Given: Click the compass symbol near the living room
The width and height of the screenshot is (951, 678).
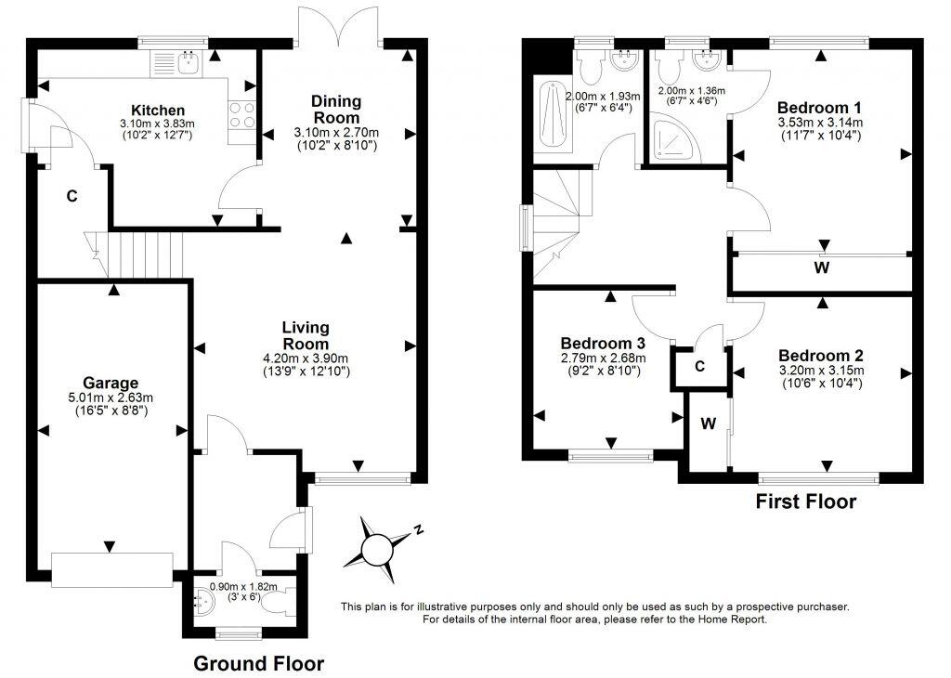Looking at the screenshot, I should [378, 546].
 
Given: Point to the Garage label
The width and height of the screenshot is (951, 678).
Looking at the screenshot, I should [110, 383].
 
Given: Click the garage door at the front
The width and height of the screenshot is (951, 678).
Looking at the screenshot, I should [111, 568].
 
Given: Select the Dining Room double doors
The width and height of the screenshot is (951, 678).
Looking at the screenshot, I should [336, 25].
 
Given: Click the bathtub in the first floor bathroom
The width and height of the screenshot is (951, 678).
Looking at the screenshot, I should [548, 116].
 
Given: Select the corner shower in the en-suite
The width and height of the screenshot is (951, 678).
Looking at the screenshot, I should [671, 137].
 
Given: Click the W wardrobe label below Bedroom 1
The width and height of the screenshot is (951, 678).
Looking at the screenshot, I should [821, 268].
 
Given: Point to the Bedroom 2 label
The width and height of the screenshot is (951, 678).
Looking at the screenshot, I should [821, 356].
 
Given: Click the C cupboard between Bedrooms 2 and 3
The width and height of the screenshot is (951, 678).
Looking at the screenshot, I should [699, 366].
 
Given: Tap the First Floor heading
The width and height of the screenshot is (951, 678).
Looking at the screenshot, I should [805, 502].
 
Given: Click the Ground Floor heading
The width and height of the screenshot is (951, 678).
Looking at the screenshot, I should [258, 663].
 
